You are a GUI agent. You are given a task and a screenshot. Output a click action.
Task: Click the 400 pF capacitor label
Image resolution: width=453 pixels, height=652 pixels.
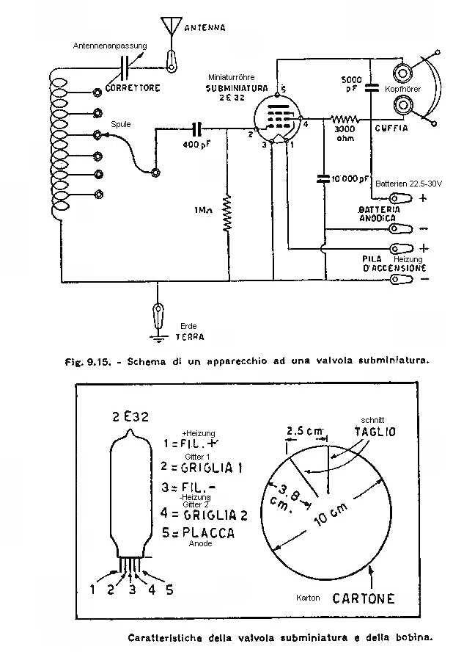pyautogui.click(x=196, y=145)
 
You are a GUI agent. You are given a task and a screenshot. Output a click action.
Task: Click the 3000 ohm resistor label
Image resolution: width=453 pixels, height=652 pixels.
pyautogui.click(x=341, y=135)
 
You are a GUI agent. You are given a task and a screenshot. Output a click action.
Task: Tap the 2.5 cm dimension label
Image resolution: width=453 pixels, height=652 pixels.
pyautogui.click(x=298, y=430)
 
